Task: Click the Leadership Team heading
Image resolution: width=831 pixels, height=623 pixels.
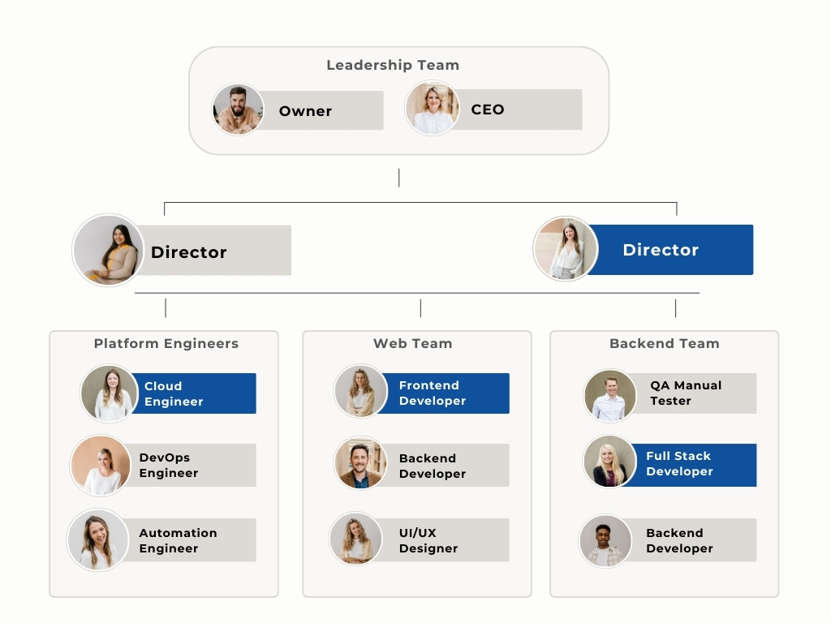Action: click(393, 65)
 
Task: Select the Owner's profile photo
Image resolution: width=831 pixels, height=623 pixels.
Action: click(238, 110)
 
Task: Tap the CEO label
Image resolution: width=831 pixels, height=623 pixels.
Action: click(488, 110)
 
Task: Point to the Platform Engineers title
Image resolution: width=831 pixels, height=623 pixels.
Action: click(166, 343)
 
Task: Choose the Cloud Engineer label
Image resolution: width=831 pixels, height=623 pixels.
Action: click(174, 393)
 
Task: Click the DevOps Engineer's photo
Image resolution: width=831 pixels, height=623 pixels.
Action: click(101, 466)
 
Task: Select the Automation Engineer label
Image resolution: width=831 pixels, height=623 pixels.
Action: click(178, 540)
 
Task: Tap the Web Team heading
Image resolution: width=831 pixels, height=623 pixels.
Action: click(412, 343)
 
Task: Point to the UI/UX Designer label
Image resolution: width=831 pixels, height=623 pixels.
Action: click(428, 540)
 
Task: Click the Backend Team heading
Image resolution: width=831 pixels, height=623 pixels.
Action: click(664, 343)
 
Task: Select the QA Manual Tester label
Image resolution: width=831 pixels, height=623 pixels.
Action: click(685, 393)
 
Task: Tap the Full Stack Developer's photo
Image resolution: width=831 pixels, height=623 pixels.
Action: click(610, 462)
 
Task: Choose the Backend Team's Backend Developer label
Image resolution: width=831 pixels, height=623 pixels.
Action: click(679, 540)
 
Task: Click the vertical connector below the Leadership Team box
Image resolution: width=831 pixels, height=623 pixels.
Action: click(398, 178)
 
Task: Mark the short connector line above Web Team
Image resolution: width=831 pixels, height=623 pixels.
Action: click(420, 308)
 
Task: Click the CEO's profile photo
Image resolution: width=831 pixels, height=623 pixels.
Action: click(432, 109)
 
